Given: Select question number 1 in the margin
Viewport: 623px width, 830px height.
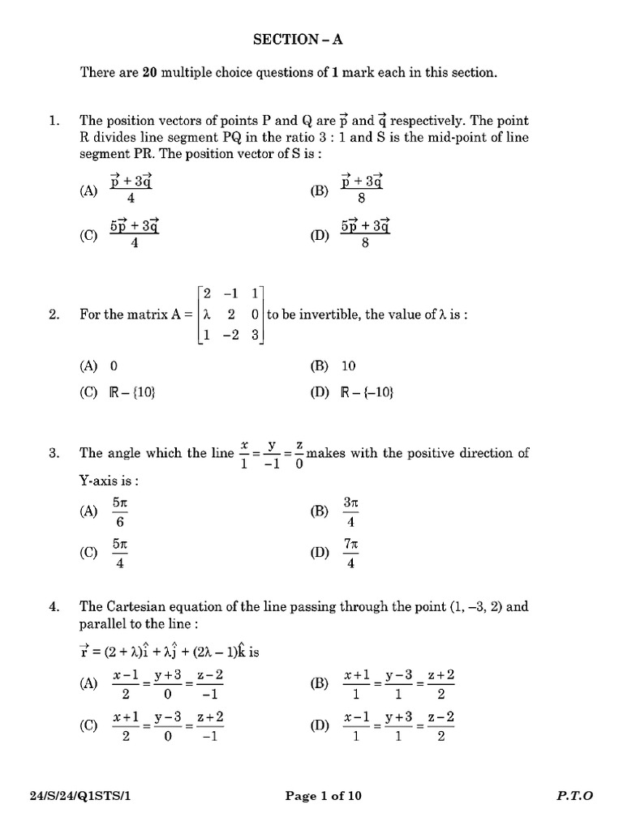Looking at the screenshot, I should (54, 121).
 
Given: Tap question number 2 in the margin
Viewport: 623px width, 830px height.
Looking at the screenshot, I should (54, 315).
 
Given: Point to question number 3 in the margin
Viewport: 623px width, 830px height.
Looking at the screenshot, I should (54, 454).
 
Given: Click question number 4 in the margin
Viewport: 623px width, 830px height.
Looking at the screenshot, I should (54, 605).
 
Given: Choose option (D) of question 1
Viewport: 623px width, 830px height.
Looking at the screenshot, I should (318, 236).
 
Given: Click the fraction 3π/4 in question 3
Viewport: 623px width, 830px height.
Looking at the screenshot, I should (350, 511).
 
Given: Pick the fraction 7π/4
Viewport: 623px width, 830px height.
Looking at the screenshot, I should (350, 553).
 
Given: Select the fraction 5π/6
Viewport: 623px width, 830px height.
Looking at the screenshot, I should (120, 511).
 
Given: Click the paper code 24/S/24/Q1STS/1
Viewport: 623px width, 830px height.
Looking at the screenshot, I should (77, 796).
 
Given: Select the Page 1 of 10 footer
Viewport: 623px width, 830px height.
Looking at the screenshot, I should (323, 796).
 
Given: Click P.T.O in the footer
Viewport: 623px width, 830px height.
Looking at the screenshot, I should (574, 796).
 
